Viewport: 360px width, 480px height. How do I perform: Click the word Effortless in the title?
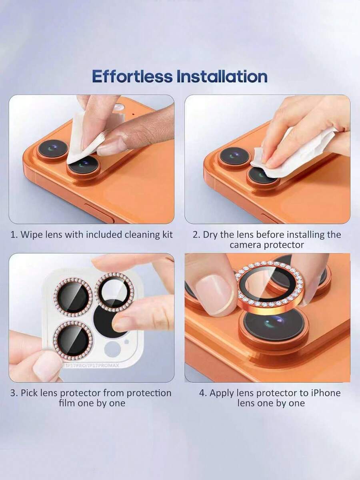click(x=132, y=76)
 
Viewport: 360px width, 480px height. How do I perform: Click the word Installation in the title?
click(x=222, y=76)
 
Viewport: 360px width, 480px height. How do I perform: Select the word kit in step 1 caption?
click(x=167, y=235)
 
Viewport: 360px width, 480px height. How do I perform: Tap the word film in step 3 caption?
click(x=67, y=403)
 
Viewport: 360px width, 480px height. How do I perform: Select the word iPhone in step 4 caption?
click(x=326, y=393)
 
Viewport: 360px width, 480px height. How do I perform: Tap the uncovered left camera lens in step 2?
click(x=234, y=156)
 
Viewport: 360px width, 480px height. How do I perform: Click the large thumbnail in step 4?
click(x=214, y=293)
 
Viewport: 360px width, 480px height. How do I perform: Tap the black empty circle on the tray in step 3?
click(x=106, y=320)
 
